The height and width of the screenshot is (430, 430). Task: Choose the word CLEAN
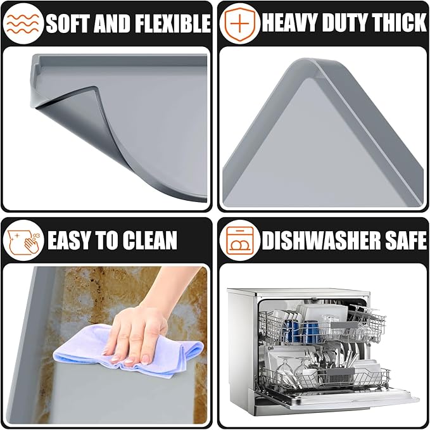[x=149, y=240]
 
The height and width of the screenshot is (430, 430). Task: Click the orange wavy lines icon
[x=23, y=23]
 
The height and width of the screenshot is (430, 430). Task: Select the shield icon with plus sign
[x=239, y=23]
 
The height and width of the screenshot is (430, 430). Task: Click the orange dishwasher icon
[x=240, y=240]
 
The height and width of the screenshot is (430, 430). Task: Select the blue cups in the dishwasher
[x=301, y=332]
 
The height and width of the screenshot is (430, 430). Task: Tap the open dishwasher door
[x=338, y=398]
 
